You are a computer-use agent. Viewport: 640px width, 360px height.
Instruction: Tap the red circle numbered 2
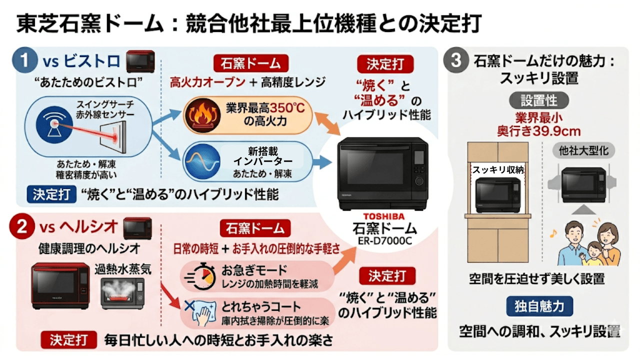coord(25,228)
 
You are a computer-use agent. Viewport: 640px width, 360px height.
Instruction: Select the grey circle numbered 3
coord(455,62)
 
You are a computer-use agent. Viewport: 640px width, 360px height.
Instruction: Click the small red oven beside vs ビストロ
coord(140,61)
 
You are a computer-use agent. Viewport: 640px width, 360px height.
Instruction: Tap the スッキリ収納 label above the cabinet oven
coord(498,170)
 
